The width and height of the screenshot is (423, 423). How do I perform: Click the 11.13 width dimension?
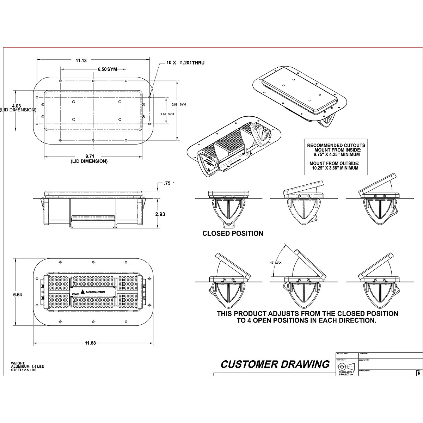coord(81,60)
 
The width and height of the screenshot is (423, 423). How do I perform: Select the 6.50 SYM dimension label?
coord(107,69)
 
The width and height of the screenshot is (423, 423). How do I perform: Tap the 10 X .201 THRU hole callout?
coord(185,63)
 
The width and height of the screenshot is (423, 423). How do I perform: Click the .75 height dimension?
coord(167,183)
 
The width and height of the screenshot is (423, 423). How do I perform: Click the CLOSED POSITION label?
coord(233,233)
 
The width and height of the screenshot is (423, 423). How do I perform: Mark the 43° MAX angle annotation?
coord(275,263)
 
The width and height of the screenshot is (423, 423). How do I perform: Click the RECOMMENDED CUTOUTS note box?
coord(336,157)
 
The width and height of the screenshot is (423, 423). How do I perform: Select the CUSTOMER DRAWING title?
coord(275,364)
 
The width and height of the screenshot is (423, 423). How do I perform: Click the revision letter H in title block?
coord(418,373)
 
